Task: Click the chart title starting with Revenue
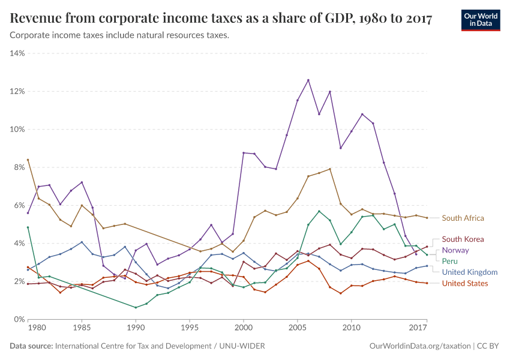click(221, 19)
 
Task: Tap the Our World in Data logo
click(480, 19)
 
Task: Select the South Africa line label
click(463, 218)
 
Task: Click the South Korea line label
click(463, 239)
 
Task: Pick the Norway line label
click(455, 250)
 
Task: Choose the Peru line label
click(451, 261)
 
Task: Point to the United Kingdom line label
click(470, 272)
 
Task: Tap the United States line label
click(465, 283)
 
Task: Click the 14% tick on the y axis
click(17, 53)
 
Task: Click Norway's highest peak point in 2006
click(308, 80)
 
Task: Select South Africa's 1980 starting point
click(28, 160)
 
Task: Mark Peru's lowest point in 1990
click(136, 308)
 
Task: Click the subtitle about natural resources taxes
click(119, 35)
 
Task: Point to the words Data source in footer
click(31, 346)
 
